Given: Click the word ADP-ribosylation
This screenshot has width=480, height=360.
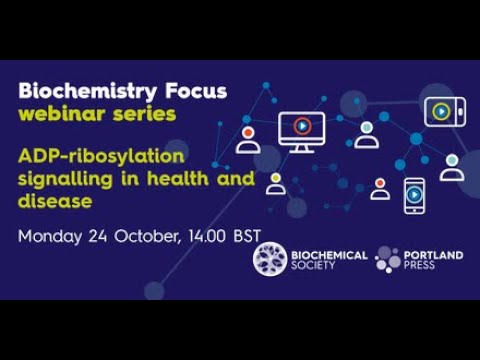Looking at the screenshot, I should coord(97,157).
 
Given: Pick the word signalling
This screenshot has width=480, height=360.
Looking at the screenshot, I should coord(63,180).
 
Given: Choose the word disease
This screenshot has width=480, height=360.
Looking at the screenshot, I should coord(56,202).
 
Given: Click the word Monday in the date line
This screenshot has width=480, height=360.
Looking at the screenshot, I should coord(51,238).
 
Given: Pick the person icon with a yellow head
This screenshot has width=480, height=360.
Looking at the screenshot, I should coord(275,183).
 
